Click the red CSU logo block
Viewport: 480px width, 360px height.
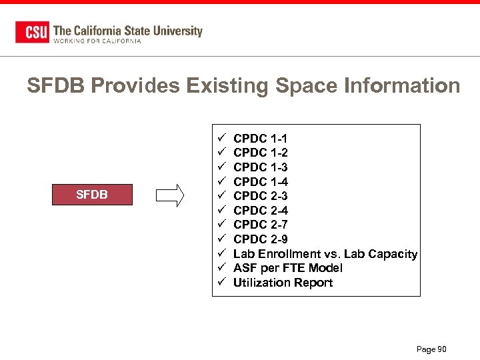tap(32, 32)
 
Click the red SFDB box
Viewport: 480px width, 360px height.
tap(92, 195)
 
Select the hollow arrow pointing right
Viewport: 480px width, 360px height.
tap(170, 195)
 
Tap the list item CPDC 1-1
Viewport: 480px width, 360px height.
tap(260, 139)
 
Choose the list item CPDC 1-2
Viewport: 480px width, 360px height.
tap(260, 153)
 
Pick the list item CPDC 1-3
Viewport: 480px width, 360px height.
tap(260, 167)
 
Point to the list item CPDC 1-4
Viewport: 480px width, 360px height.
tap(260, 182)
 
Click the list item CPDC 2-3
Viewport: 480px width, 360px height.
tap(260, 196)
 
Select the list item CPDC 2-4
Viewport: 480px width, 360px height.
tap(260, 211)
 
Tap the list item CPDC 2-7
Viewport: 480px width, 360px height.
tap(260, 225)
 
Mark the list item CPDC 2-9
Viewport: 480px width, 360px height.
tap(260, 239)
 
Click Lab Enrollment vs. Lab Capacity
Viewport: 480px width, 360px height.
tap(325, 254)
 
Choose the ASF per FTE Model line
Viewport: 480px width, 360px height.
tap(287, 268)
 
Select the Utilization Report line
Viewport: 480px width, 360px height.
tap(283, 283)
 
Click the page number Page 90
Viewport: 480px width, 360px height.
tap(431, 349)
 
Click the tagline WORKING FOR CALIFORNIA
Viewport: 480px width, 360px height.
tap(97, 41)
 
